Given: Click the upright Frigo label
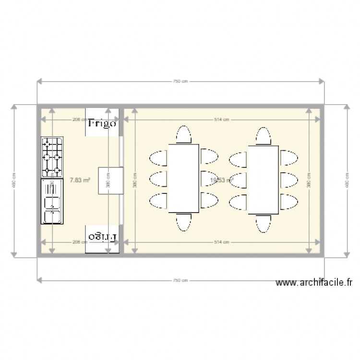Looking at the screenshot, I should point(102,123).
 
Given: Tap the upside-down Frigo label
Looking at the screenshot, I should point(102,237).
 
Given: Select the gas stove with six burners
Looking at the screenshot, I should point(52,157).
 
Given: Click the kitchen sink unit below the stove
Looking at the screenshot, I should point(52,201).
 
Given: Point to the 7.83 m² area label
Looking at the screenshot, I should point(80,180).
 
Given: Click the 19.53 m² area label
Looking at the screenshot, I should point(222,180).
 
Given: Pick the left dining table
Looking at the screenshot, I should point(183,178).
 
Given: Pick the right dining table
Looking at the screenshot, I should point(264,178).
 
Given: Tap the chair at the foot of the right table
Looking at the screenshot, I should point(264,222).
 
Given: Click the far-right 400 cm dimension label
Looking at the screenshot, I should point(346,180).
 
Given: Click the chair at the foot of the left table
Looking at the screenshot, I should point(183,222).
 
